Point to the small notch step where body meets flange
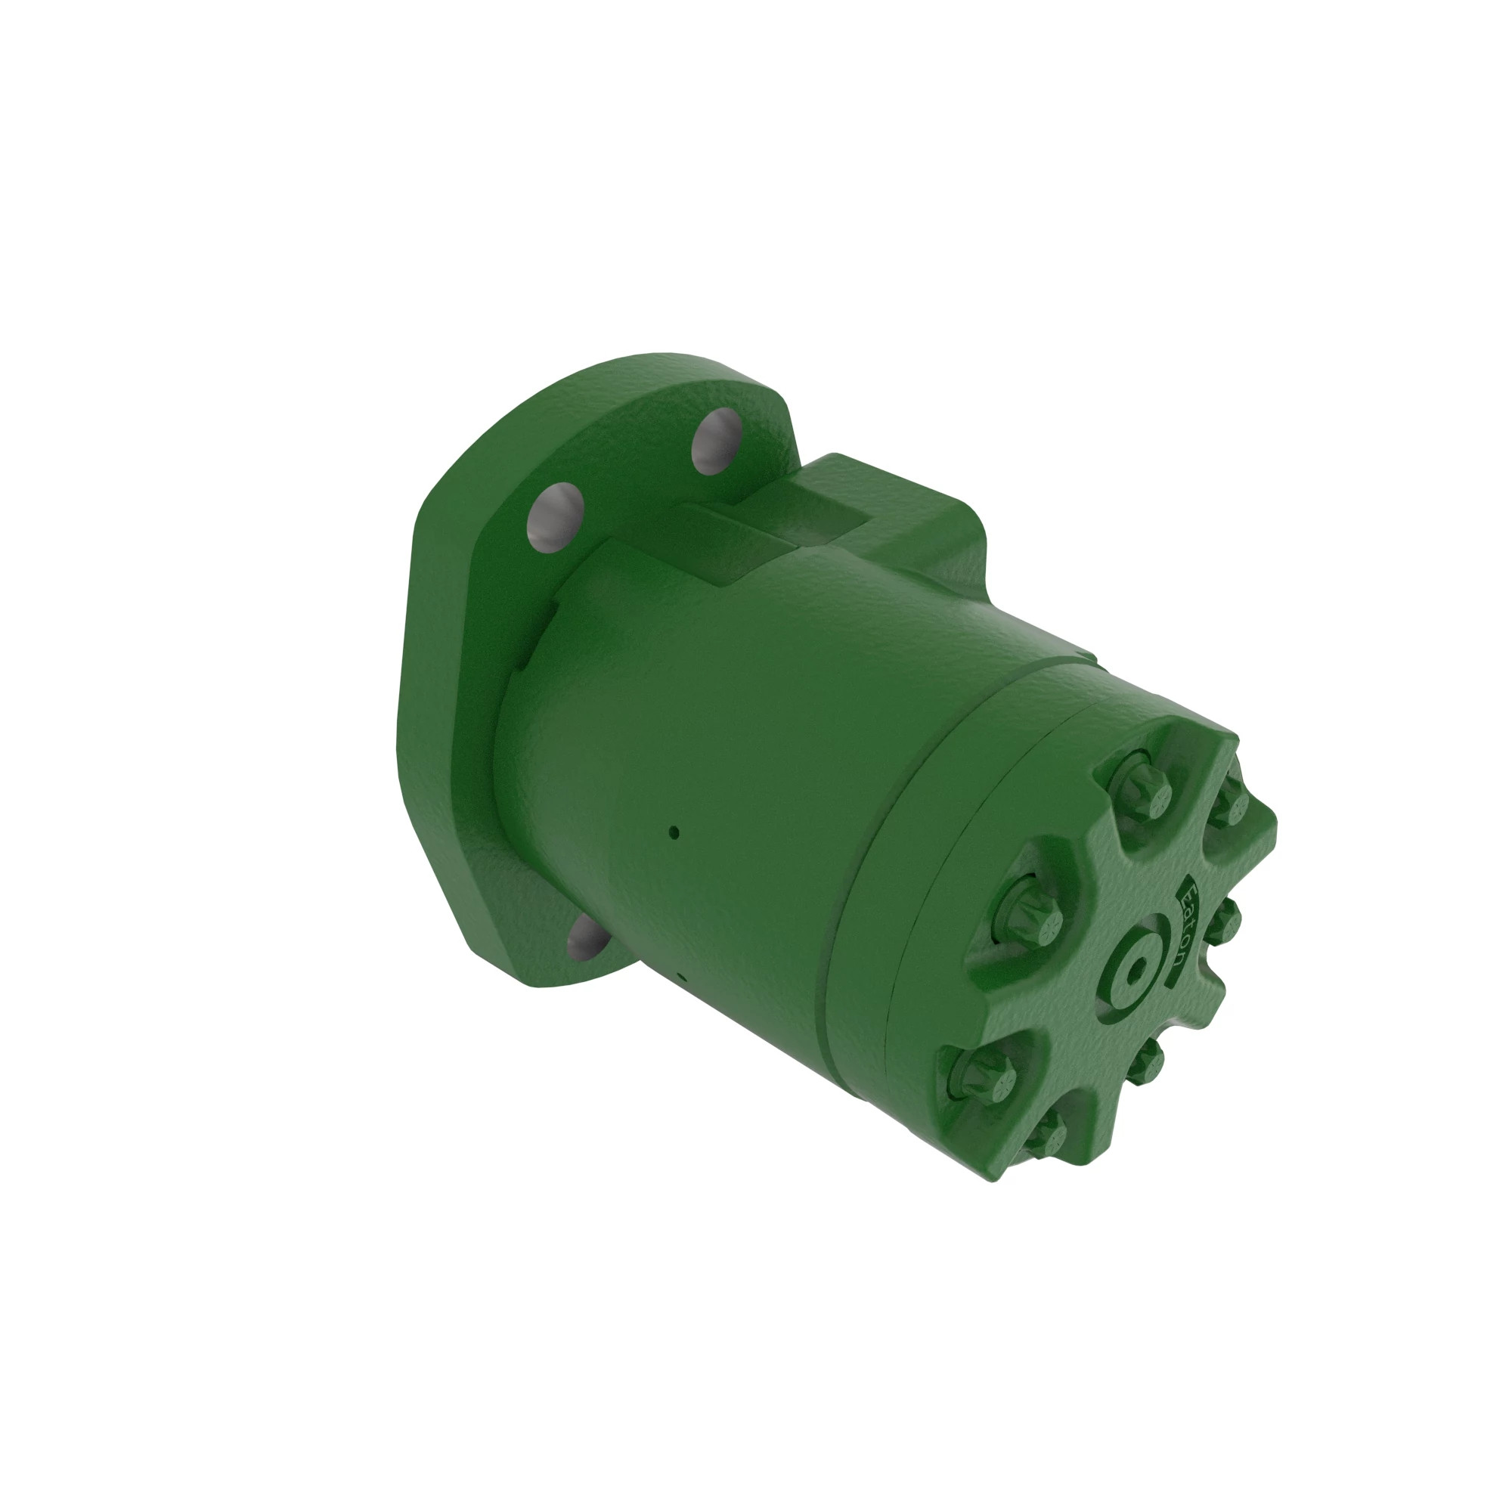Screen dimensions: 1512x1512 tap(544, 626)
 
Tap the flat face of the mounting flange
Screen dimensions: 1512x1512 tap(446, 705)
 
